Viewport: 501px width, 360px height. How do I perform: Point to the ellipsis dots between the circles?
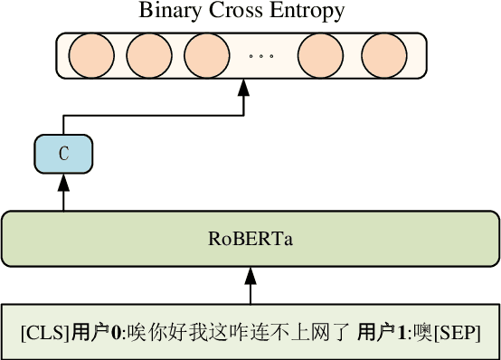click(x=260, y=56)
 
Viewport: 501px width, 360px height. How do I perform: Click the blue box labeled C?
click(x=63, y=153)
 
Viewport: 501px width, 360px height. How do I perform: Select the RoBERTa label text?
click(x=250, y=240)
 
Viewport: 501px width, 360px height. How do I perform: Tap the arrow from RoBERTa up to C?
click(x=63, y=193)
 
